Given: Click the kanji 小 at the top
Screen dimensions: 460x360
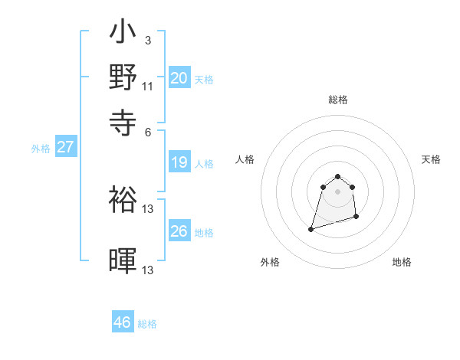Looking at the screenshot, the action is pyautogui.click(x=123, y=34).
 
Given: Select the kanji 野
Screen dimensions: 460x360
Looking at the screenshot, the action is pyautogui.click(x=123, y=77).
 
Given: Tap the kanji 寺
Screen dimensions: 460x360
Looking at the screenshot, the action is pyautogui.click(x=123, y=120).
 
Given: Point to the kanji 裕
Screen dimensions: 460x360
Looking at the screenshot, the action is pyautogui.click(x=123, y=200).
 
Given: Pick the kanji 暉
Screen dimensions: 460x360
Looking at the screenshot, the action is pyautogui.click(x=123, y=261).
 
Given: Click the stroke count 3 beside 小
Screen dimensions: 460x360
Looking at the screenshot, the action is pyautogui.click(x=147, y=40).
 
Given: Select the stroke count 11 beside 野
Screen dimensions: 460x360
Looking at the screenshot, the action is pyautogui.click(x=148, y=86).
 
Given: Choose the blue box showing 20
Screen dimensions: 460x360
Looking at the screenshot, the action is pyautogui.click(x=179, y=78).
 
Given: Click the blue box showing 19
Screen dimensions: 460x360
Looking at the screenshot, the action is pyautogui.click(x=179, y=162).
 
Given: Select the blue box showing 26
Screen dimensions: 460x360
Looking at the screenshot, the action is pyautogui.click(x=179, y=231).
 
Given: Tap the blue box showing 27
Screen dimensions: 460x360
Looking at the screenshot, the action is pyautogui.click(x=65, y=147).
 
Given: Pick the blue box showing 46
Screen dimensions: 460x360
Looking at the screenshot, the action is pyautogui.click(x=123, y=322).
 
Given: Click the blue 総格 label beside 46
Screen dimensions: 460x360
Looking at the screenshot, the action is pyautogui.click(x=147, y=324).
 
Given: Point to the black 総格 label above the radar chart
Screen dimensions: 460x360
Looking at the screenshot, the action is pyautogui.click(x=337, y=100).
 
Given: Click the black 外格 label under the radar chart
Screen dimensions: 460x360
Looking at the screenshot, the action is pyautogui.click(x=270, y=262).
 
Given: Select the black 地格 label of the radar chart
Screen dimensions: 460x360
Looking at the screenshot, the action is pyautogui.click(x=402, y=262).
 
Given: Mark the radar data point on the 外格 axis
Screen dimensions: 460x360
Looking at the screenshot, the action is pyautogui.click(x=311, y=228).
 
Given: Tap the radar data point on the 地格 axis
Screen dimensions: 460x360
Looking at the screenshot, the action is pyautogui.click(x=357, y=218).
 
